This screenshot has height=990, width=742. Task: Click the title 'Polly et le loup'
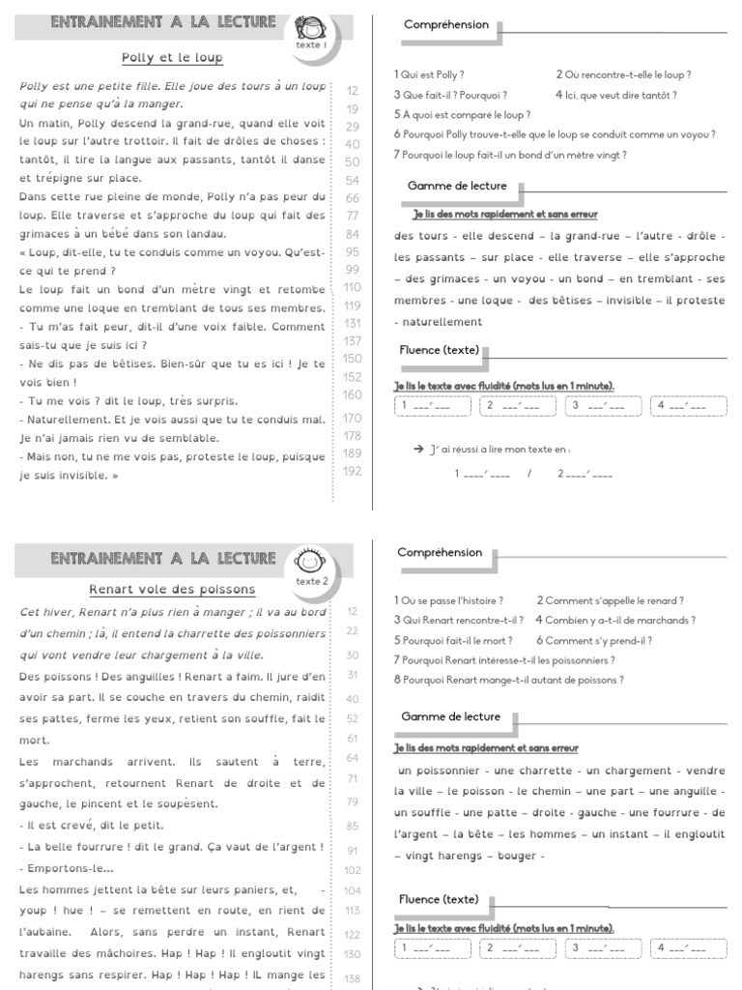[172, 58]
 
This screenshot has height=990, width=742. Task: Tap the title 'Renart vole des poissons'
[172, 589]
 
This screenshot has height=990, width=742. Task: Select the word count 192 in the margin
[352, 471]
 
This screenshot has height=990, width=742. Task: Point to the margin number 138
[352, 978]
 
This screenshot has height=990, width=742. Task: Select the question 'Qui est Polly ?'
[429, 74]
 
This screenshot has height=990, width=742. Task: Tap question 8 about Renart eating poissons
[509, 680]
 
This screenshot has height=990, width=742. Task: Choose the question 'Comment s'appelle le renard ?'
[611, 600]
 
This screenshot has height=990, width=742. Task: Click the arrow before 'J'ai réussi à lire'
[418, 450]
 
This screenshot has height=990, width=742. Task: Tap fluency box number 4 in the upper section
[688, 406]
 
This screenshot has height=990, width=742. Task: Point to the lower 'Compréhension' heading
[440, 553]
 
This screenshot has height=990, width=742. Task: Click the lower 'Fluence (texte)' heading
[439, 899]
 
